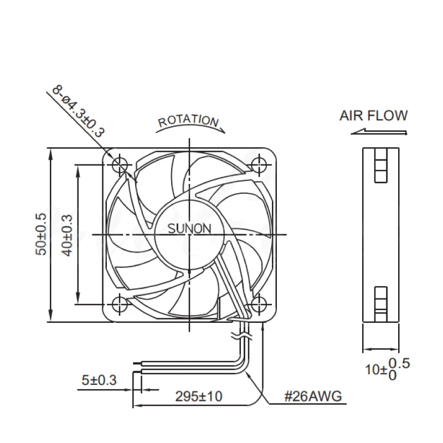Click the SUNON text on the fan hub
pos(189,228)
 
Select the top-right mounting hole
pos(259,164)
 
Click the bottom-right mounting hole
pos(259,304)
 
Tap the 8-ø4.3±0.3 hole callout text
pos(78,111)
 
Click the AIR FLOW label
pos(373,116)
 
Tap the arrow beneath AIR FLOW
pos(379,132)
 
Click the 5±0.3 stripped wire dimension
pos(99,380)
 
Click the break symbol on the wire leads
pos(243,334)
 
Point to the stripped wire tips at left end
pos(138,362)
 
